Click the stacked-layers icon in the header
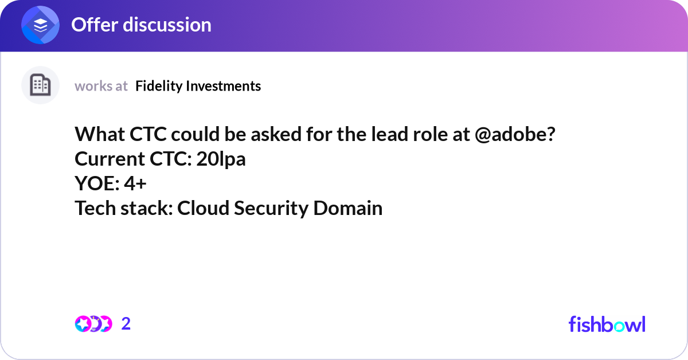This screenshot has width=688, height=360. (41, 25)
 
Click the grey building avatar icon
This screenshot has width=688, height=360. (40, 85)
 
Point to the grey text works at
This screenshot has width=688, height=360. (101, 86)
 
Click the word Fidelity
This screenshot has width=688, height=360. (155, 86)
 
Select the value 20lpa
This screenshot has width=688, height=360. (221, 159)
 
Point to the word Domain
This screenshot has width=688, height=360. (348, 208)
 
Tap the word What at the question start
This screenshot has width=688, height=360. (98, 135)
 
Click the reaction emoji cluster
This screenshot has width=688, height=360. (93, 324)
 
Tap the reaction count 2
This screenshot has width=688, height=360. (126, 324)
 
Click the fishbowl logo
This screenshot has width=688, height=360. (607, 324)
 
